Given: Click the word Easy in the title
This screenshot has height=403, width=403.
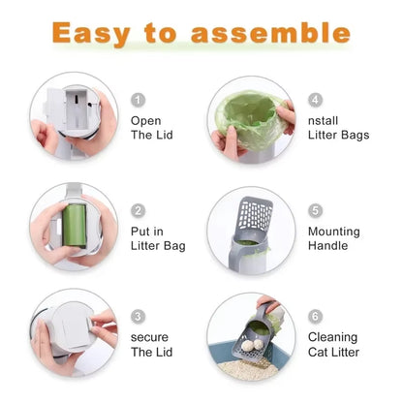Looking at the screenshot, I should click(93, 33).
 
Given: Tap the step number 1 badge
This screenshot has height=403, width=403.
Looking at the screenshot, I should click(139, 100).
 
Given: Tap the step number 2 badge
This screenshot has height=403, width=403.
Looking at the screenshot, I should click(139, 210).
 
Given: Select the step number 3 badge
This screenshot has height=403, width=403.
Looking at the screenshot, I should click(139, 316).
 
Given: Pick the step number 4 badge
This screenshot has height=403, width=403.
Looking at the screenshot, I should click(316, 100).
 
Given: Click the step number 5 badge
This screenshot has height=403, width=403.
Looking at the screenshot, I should click(316, 210).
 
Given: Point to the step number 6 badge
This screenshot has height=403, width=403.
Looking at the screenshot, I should click(316, 316).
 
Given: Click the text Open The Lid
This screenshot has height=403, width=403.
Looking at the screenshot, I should click(151, 128).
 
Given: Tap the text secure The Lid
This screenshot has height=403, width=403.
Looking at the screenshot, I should click(151, 344).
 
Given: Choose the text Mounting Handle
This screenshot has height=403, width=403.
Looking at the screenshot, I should click(333, 238).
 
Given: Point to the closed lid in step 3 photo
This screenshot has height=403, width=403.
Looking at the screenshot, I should click(70, 327).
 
